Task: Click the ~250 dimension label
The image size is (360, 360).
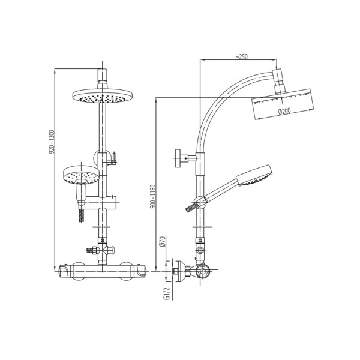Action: (242, 56)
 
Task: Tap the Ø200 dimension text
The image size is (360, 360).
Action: (284, 112)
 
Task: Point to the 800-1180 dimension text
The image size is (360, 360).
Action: (153, 196)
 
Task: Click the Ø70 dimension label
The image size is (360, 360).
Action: (162, 241)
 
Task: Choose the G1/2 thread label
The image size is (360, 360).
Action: (167, 293)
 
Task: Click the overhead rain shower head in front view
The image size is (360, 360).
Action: (103, 95)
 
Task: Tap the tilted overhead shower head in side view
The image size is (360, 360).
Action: (283, 103)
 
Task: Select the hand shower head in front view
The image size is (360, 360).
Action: (81, 175)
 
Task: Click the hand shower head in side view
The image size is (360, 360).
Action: (254, 175)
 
